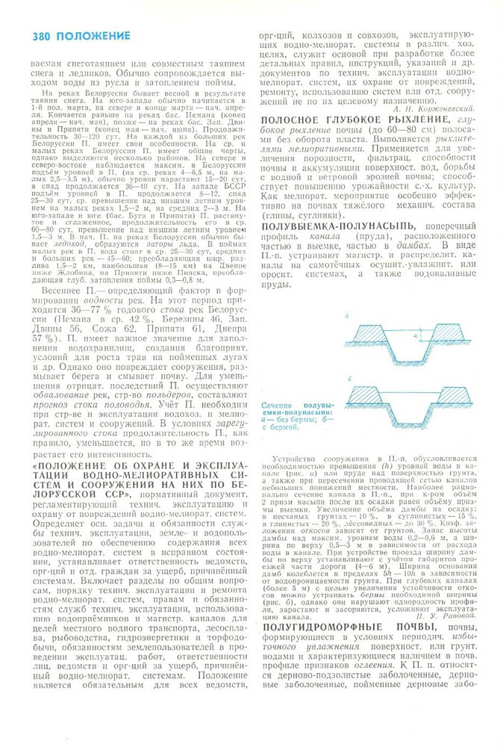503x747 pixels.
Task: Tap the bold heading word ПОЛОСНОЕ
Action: point(294,120)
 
